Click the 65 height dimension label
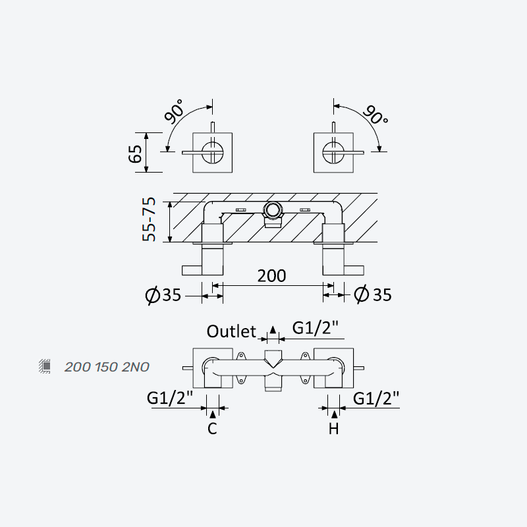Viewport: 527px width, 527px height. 136,153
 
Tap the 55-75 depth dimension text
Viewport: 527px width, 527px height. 149,219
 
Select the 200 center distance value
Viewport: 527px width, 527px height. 271,276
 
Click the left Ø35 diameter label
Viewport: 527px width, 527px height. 163,295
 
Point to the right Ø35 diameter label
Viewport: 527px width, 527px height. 373,294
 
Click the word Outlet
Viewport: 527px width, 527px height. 232,331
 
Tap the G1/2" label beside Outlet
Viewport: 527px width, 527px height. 315,328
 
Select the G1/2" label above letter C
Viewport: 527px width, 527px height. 170,399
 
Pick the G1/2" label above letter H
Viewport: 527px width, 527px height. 376,399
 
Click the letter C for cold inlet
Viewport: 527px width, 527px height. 212,429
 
